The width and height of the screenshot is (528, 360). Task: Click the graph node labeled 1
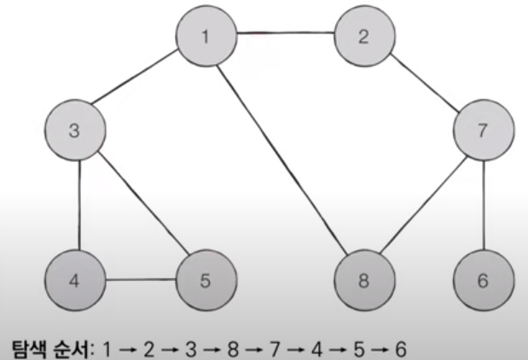[x=206, y=36]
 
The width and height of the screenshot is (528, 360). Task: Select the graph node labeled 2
[x=363, y=36]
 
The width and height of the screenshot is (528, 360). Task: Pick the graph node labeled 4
[x=74, y=279]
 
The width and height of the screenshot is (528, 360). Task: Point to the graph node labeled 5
[x=205, y=279]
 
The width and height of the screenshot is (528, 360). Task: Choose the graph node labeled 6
[x=484, y=279]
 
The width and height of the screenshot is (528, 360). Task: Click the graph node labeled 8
[x=365, y=279]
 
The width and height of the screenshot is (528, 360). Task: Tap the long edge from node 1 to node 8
[x=285, y=158]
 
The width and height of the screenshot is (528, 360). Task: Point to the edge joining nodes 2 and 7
[x=424, y=84]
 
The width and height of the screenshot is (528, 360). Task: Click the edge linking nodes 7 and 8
[x=424, y=206]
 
